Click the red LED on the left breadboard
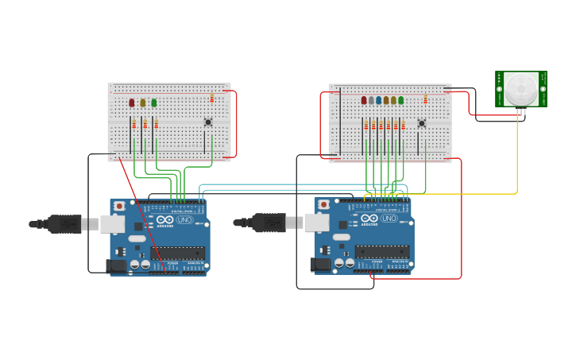[132, 103]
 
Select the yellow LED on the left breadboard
[143, 103]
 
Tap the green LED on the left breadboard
[154, 103]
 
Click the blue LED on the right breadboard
[378, 100]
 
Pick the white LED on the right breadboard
[371, 100]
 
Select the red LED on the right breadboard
[364, 100]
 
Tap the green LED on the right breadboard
[400, 100]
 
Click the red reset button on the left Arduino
[119, 206]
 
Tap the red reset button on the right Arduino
[323, 204]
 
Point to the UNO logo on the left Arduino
[185, 219]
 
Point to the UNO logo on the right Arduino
[389, 218]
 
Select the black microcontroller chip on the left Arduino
[177, 254]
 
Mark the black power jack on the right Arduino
[321, 264]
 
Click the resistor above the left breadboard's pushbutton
[212, 98]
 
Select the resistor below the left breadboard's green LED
[157, 124]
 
